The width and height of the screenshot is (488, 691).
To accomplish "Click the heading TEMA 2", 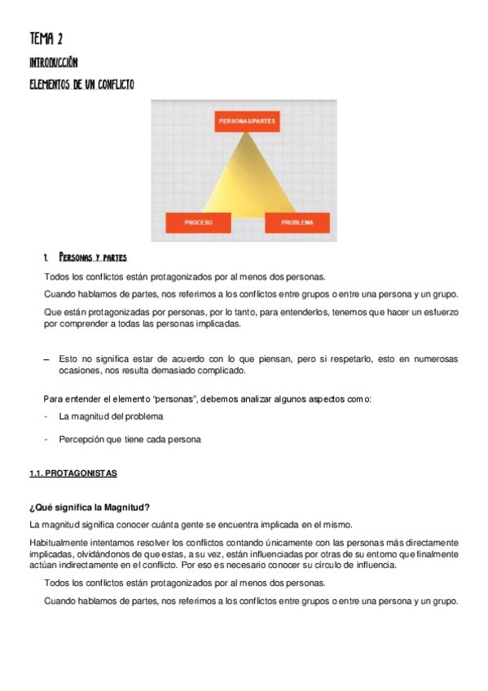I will [x=46, y=38].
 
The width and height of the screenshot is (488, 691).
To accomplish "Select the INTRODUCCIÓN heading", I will [x=54, y=62].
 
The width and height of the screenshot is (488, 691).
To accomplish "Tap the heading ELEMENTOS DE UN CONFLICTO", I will [x=81, y=84].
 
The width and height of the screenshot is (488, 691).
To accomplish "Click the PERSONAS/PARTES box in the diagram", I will [x=246, y=121].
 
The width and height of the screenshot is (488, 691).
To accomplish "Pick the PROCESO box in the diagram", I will [x=198, y=222].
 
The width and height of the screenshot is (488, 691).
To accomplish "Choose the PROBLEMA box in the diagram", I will [x=297, y=222].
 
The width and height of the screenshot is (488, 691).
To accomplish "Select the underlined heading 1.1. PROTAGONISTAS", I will [x=73, y=473].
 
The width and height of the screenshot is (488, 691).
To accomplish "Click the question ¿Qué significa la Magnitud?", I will [x=89, y=508].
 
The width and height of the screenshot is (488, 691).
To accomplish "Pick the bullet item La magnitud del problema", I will [x=111, y=416].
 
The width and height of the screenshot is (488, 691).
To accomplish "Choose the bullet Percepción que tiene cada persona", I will [x=130, y=439].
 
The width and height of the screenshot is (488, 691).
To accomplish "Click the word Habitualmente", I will [x=59, y=542].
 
